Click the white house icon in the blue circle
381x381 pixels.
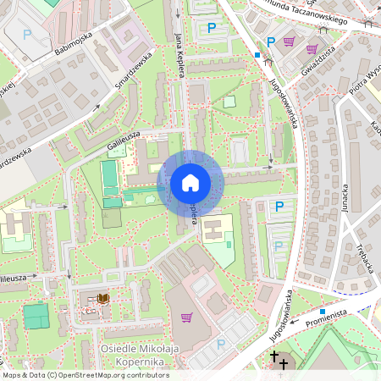tap(190, 183)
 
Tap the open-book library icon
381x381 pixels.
tap(103, 299)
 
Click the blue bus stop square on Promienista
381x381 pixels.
tap(323, 312)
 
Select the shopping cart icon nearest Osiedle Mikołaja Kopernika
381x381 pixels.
tap(186, 317)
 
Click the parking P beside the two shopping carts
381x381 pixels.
tap(271, 41)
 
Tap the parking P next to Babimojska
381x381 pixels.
tap(27, 35)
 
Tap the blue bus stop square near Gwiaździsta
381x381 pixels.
tap(257, 55)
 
